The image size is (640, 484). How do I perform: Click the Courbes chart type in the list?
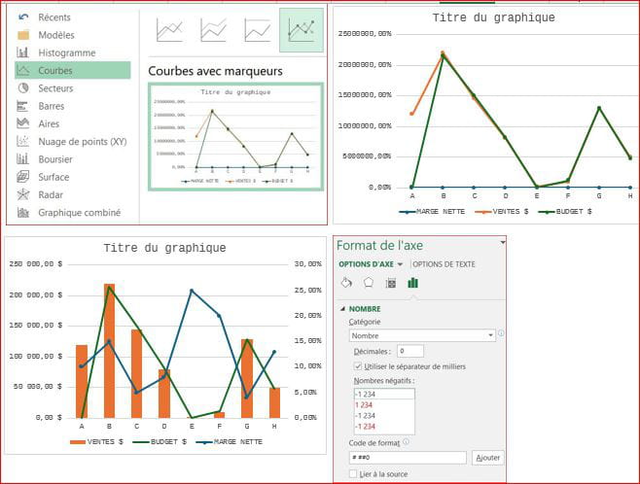point(55,71)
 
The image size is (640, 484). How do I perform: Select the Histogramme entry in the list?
point(66,52)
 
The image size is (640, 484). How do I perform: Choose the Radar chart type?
point(52,194)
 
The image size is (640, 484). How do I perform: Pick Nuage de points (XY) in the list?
point(82,141)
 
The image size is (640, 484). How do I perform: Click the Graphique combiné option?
point(79,213)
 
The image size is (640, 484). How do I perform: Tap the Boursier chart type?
point(55,159)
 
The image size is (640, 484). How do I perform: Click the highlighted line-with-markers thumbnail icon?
point(302,30)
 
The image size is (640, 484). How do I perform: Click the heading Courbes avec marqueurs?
point(215,71)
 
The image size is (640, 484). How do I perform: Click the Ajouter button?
point(487,457)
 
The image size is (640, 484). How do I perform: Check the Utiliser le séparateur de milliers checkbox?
point(359,365)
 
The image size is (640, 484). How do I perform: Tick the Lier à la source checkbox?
point(353,474)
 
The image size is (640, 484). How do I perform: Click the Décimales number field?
point(409,351)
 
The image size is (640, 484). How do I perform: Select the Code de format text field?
point(408,457)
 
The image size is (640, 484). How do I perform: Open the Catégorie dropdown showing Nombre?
point(422,335)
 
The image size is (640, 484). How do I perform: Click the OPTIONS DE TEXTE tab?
point(444,264)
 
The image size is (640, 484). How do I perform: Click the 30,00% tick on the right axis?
point(307,263)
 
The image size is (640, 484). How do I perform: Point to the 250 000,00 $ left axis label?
point(34,263)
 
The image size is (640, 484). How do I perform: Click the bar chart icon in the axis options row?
point(412,283)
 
